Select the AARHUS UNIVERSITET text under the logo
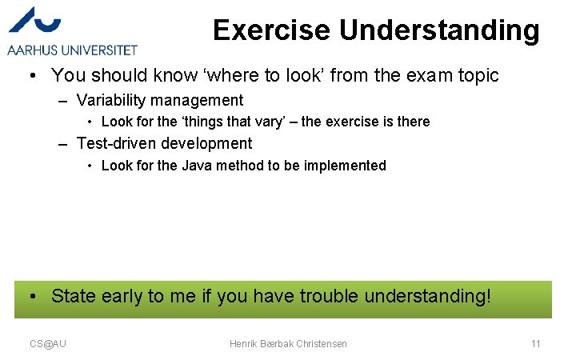[x=72, y=50]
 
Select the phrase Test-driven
[x=115, y=144]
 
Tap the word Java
[x=197, y=166]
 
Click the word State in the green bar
[x=74, y=296]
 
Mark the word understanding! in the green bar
[x=427, y=296]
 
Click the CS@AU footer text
[x=48, y=343]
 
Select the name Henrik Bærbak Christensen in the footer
[x=288, y=343]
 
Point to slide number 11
[x=536, y=343]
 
